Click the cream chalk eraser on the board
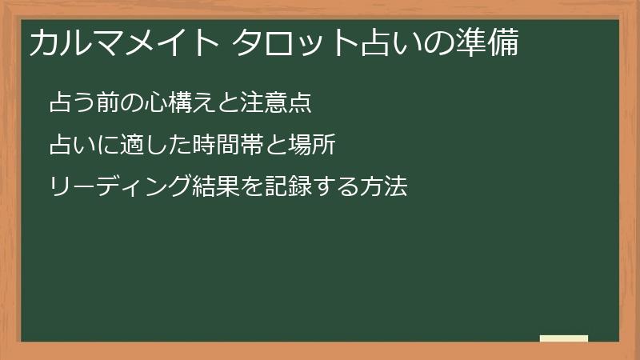(564, 338)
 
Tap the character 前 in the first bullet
(106, 103)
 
